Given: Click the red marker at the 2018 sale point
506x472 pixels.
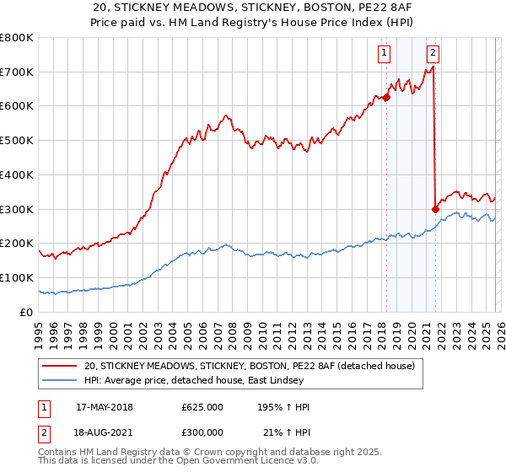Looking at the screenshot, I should point(386,97).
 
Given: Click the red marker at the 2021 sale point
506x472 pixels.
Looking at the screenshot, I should point(435,209).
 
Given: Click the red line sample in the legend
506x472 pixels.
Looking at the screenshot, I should point(61,367).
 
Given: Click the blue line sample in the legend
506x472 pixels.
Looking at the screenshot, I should point(61,381).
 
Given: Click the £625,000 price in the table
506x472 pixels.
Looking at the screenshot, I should point(202,407).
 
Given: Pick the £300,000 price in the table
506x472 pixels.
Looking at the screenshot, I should point(202,432).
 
